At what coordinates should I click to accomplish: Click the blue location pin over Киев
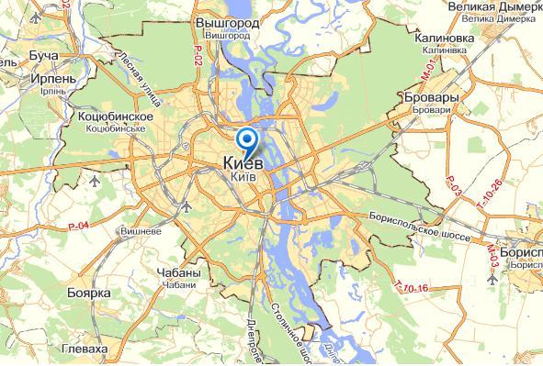[247, 140]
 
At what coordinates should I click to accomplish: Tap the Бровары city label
[424, 95]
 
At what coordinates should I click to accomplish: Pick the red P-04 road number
[80, 226]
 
